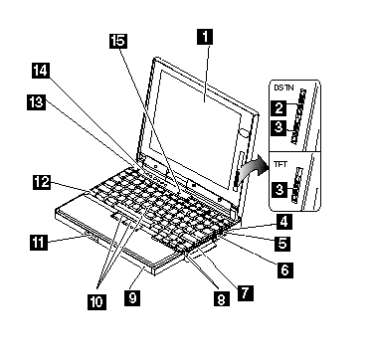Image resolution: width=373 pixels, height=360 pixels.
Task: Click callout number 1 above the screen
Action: (x=205, y=37)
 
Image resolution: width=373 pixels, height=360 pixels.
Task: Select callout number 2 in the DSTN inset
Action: (x=279, y=107)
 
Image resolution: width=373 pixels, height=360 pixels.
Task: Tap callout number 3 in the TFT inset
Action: (x=280, y=190)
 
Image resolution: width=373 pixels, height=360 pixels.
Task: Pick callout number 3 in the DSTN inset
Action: (x=279, y=127)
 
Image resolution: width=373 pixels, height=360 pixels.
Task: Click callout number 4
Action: (x=284, y=222)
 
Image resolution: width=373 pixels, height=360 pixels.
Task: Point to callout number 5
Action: (x=282, y=244)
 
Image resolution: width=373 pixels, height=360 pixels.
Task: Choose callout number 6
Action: (x=284, y=270)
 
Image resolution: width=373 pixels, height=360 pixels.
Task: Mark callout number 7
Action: (x=246, y=293)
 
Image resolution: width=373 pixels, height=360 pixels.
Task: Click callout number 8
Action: (x=221, y=299)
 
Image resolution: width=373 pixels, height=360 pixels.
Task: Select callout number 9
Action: (x=132, y=298)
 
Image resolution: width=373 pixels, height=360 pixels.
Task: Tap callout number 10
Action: (x=96, y=302)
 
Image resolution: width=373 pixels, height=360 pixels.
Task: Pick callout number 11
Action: (x=37, y=242)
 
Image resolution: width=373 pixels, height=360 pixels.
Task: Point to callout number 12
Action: (x=42, y=182)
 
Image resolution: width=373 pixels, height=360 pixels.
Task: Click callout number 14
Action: (x=41, y=71)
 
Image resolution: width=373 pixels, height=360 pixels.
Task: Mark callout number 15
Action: (x=118, y=41)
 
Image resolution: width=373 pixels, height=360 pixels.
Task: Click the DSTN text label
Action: (x=281, y=88)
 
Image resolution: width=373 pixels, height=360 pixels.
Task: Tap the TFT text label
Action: (x=280, y=164)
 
